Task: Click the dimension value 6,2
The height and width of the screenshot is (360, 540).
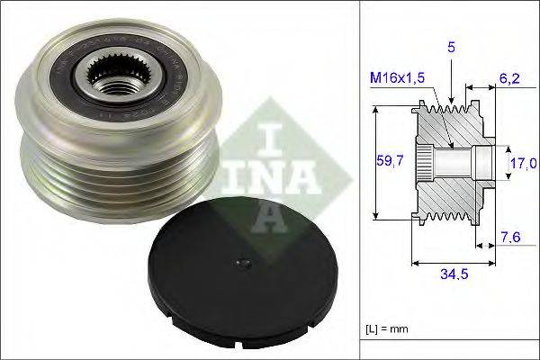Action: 510,80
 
